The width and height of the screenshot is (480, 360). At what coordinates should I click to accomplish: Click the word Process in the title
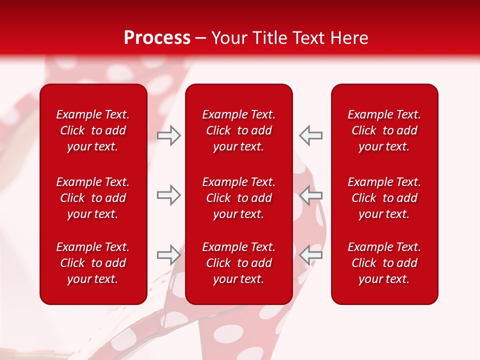point(157,38)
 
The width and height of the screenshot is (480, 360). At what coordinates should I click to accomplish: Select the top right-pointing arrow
point(168,135)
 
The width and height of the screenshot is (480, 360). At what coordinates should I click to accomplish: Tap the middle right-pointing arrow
point(168,195)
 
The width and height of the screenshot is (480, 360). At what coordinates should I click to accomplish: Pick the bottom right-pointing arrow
point(168,255)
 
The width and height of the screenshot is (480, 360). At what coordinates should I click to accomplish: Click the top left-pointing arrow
point(310,135)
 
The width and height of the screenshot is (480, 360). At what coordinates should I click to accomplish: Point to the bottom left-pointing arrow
point(310,255)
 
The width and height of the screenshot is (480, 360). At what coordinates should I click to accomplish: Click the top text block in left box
point(93,130)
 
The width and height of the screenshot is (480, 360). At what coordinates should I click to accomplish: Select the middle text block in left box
point(93,198)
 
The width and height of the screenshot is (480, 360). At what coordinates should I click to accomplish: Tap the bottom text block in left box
point(93,263)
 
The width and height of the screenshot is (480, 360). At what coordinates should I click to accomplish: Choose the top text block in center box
point(239,130)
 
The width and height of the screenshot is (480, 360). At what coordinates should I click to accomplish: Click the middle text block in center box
point(239,198)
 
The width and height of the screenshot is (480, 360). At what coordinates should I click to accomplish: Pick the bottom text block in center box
point(239,263)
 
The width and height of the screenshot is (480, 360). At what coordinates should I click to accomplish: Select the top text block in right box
point(384,130)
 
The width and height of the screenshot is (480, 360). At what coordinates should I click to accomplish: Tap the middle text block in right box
point(384,198)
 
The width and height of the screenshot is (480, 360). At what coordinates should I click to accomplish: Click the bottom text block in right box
point(384,263)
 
